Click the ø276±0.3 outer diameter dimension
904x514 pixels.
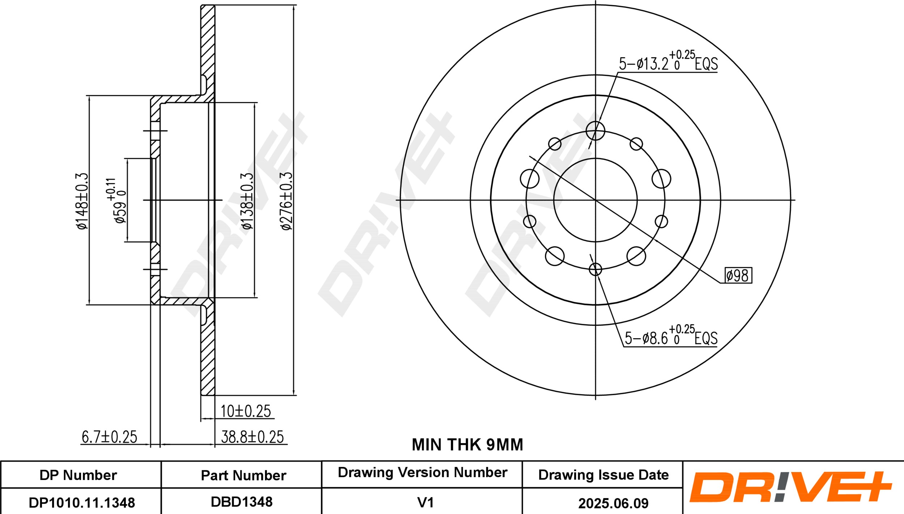286,201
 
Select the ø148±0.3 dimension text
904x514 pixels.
82,201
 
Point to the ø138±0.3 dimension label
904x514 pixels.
248,201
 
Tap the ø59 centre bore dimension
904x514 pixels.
116,201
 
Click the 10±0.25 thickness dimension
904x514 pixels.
246,411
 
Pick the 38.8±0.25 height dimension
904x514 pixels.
252,437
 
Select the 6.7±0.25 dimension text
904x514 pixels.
109,437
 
